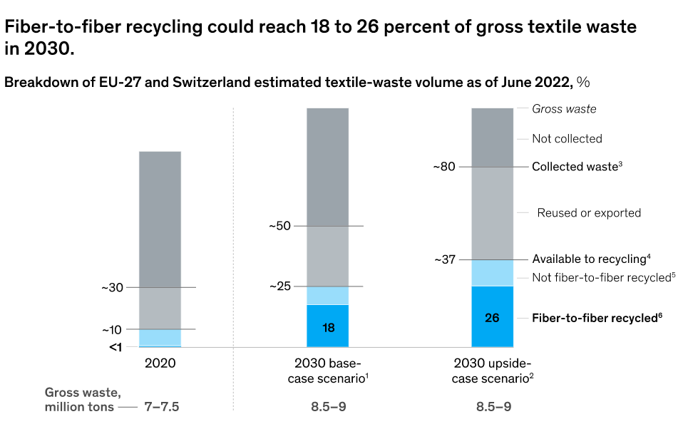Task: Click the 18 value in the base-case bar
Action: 328,328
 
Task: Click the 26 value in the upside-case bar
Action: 492,318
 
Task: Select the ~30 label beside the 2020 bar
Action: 112,288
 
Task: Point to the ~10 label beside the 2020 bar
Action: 112,330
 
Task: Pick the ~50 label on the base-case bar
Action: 280,227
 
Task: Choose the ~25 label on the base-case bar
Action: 280,286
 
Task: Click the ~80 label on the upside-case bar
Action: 446,167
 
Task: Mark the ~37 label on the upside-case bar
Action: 445,259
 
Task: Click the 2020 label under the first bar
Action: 160,363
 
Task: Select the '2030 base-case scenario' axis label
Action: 329,370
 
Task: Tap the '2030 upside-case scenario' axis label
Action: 492,370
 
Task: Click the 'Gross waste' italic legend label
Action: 564,109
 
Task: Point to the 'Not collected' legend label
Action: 567,138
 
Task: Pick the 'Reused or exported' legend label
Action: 589,212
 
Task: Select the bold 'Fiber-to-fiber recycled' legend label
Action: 597,318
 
